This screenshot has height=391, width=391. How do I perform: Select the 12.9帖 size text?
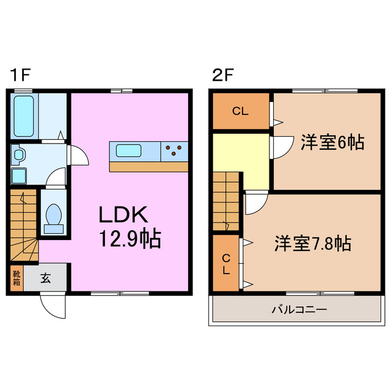coord(130,238)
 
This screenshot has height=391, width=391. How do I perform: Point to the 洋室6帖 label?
coord(332,142)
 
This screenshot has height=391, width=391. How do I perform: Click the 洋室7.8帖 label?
coord(312,243)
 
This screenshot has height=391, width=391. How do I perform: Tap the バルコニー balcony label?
coord(299,310)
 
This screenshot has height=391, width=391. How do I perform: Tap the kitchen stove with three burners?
coord(174,150)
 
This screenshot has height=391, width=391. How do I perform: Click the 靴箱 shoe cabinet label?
coord(16,279)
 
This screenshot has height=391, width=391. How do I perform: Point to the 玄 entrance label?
coord(46,279)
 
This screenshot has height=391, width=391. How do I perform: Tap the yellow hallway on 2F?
coord(241,159)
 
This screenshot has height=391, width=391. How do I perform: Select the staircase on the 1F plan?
coord(23,226)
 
